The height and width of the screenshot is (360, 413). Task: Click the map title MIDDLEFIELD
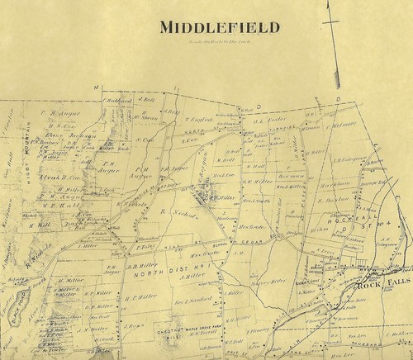(207, 27)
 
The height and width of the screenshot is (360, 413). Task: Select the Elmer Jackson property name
(53, 137)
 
